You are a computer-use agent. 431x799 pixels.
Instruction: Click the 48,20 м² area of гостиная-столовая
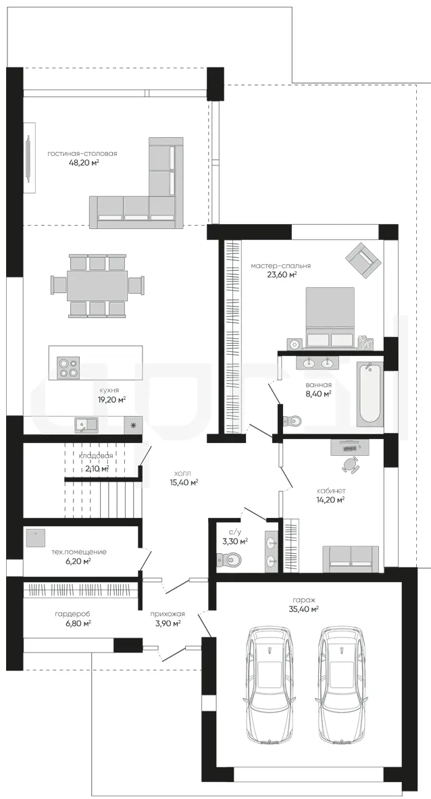pos(84,163)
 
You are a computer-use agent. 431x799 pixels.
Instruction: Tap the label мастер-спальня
pos(281,265)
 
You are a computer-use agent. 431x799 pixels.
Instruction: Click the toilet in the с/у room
pos(234,559)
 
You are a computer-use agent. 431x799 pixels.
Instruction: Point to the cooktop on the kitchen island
pos(70,367)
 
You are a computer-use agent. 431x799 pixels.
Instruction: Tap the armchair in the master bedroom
pos(363,259)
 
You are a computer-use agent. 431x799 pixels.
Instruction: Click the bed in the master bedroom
pos(330,317)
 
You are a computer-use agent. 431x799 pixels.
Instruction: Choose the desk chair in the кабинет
pos(350,464)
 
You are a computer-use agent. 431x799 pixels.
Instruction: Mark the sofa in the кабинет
pos(351,559)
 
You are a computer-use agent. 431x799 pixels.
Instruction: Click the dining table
pos(97,286)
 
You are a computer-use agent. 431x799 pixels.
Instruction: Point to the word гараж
pos(303,600)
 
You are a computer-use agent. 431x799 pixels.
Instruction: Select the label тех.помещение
pos(79,552)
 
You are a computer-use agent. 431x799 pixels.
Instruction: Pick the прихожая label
pos(167,614)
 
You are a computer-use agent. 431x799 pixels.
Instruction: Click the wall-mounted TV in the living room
pos(29,157)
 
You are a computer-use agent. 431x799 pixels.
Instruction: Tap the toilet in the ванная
pos(293,420)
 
